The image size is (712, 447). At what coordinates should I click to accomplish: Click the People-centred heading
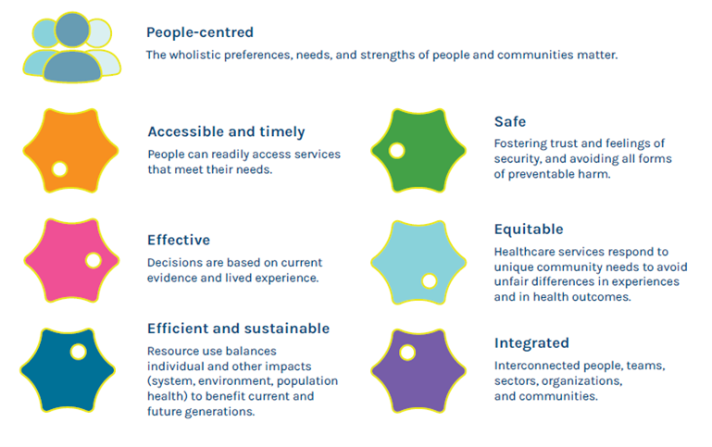point(200,32)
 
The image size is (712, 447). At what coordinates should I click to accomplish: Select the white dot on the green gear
point(396,151)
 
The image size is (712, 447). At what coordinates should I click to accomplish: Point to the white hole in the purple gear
point(406,353)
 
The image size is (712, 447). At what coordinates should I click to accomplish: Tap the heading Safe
point(510,121)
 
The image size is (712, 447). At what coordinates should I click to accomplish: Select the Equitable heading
point(529,230)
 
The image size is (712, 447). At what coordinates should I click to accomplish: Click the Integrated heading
point(531,343)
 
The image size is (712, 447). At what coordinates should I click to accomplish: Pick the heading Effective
point(179,240)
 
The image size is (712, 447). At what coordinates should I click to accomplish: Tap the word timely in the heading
point(282,132)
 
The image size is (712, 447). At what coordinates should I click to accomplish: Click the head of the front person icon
point(72,30)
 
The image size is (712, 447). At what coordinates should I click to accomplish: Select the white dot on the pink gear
point(94,260)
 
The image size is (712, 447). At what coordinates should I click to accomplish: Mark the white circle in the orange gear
point(59,168)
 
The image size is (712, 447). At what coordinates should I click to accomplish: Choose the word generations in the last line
point(224,412)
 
